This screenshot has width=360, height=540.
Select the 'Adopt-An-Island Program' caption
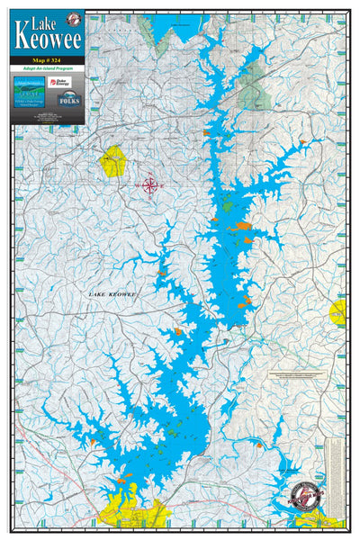tap(49, 69)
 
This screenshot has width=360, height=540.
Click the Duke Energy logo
tap(68, 82)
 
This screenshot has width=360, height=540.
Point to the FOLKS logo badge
tap(68, 99)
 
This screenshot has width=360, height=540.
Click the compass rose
tap(151, 185)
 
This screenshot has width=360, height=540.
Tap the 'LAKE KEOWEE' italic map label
tap(112, 294)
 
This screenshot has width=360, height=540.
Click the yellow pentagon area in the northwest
tap(114, 161)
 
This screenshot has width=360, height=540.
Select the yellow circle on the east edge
tap(337, 312)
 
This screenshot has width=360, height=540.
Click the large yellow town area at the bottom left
tap(130, 509)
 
